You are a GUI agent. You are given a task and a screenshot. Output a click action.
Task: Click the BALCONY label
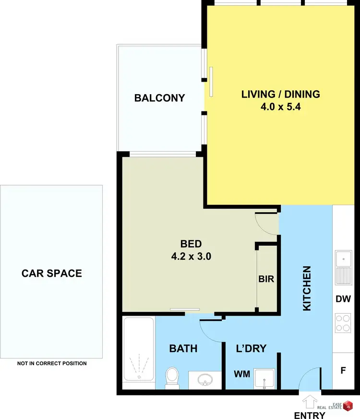pos(159,98)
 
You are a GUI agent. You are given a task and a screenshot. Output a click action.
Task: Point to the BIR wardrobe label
pos(266,279)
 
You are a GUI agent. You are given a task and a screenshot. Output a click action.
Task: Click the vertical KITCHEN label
pos(307,288)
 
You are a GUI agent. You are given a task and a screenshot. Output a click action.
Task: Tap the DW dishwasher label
pos(343,299)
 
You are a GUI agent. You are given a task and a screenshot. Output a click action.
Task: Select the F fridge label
pos(343,371)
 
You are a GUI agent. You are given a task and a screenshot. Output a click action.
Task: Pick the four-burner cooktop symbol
pos(343,323)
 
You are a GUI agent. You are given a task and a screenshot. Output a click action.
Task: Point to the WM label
pos(241,374)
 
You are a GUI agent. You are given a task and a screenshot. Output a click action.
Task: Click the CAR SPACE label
pos(52,273)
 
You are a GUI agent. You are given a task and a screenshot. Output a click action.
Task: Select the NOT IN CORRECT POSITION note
pos(52,364)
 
